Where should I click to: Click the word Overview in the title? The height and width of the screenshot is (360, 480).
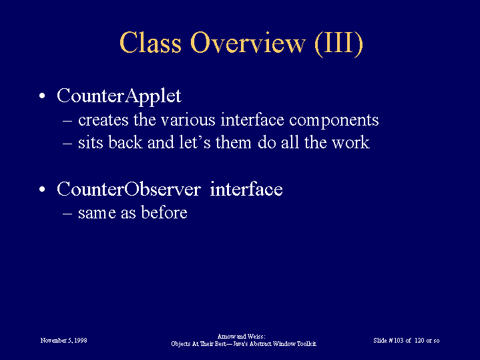(248, 43)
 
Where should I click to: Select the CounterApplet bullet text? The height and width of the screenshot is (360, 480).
(119, 96)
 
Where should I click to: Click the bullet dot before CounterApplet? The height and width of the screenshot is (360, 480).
(42, 96)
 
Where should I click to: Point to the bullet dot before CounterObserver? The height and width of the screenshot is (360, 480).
(42, 189)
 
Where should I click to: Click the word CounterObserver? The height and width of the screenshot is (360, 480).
(129, 189)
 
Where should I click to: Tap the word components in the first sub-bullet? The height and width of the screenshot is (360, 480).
(334, 121)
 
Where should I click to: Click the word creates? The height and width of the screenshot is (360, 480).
(103, 120)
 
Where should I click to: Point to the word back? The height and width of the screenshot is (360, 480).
(126, 142)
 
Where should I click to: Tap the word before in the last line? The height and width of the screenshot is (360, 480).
(164, 212)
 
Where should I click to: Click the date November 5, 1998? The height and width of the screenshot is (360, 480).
(63, 341)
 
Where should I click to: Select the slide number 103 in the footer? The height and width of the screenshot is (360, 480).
(399, 341)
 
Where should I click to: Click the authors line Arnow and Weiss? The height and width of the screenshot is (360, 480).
(241, 337)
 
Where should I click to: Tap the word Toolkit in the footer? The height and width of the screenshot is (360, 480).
(306, 344)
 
